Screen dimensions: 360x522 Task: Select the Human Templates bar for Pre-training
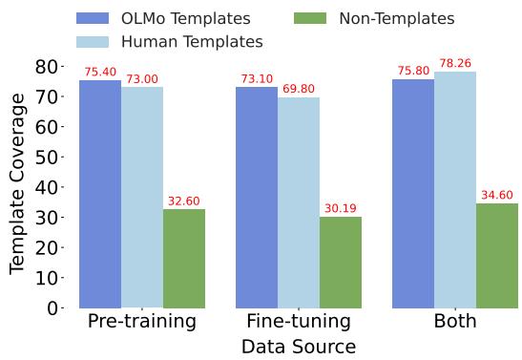(141, 198)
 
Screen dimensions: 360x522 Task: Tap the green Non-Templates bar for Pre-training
(183, 259)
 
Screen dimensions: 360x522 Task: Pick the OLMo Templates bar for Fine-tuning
(257, 198)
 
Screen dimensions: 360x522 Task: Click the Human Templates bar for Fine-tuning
(299, 202)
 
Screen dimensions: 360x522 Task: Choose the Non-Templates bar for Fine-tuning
(341, 263)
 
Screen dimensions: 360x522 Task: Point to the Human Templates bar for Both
(455, 190)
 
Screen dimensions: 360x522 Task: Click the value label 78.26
(455, 64)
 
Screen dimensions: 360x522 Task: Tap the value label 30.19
(341, 209)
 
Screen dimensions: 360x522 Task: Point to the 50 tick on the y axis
(49, 157)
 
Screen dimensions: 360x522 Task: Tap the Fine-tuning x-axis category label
(299, 322)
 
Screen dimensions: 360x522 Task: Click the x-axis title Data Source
(298, 347)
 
